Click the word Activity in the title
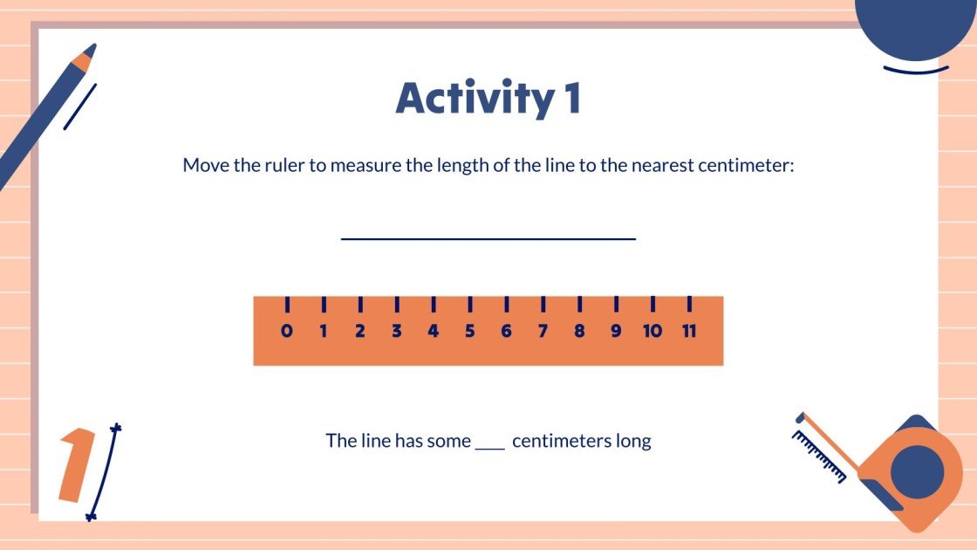471,100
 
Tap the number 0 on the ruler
287,332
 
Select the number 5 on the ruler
469,332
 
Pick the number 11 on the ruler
688,332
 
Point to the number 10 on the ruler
652,332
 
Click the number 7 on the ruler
543,332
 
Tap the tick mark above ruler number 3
397,305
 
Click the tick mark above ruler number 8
579,305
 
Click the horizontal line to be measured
488,237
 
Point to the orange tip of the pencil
83,60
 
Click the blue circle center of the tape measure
917,472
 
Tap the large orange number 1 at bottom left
78,465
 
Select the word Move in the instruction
206,165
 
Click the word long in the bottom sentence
633,442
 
